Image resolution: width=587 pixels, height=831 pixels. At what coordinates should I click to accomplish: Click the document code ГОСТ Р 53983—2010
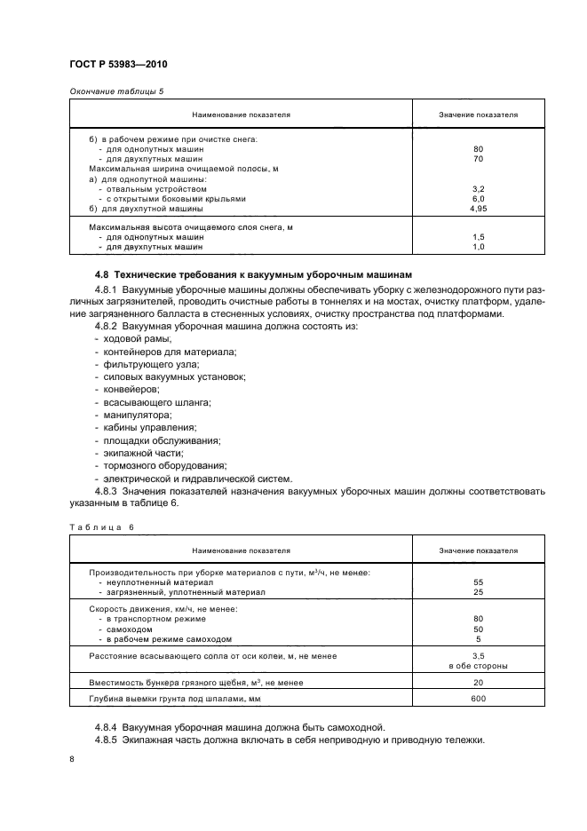tap(118, 65)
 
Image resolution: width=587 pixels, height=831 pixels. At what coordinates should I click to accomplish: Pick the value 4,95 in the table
tap(479, 208)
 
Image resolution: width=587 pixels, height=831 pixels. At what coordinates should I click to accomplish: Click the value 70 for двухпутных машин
tap(479, 159)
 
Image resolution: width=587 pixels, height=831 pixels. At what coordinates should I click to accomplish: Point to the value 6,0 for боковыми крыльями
tap(479, 198)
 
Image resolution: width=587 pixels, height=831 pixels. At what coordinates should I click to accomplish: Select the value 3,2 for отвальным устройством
tap(479, 188)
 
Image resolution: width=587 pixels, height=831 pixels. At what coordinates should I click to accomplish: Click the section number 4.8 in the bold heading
tap(102, 273)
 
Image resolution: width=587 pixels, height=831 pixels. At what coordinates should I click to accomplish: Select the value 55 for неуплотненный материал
tap(479, 582)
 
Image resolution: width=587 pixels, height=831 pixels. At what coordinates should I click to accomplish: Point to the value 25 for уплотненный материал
tap(479, 591)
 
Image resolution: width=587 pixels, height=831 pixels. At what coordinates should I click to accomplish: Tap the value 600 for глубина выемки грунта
tap(479, 700)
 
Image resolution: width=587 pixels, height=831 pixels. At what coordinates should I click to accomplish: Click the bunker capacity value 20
tap(479, 681)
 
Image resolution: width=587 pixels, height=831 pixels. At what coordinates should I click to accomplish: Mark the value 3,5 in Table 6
tap(479, 655)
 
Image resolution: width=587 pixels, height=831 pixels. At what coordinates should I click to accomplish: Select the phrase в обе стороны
tap(479, 665)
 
